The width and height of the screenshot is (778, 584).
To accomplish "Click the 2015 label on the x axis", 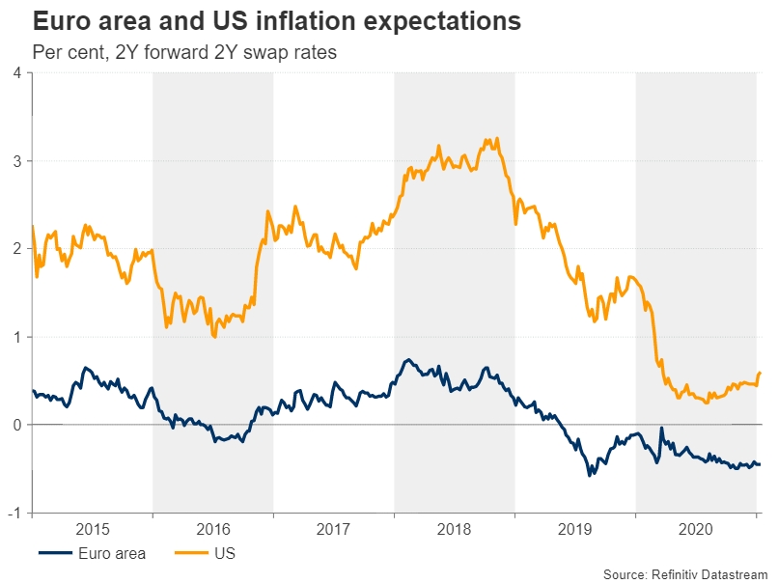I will pyautogui.click(x=93, y=529).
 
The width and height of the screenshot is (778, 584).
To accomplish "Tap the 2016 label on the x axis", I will pyautogui.click(x=213, y=529).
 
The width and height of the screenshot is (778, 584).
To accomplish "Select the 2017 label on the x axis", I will pyautogui.click(x=334, y=529).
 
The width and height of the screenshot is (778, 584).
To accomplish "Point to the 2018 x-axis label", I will pyautogui.click(x=455, y=529).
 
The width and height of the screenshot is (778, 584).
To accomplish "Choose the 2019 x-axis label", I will pyautogui.click(x=575, y=529).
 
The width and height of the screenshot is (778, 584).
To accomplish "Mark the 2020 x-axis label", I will pyautogui.click(x=696, y=529).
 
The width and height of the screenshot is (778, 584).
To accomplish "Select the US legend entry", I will pyautogui.click(x=223, y=554).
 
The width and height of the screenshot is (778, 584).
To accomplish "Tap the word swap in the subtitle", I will pyautogui.click(x=265, y=53).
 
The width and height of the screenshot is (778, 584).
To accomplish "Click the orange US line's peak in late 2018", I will pyautogui.click(x=496, y=139).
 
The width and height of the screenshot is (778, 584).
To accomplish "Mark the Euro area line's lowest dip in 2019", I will pyautogui.click(x=590, y=475).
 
